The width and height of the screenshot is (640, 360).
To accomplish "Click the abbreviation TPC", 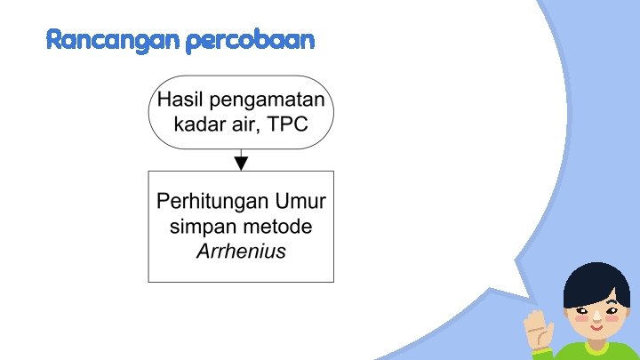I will click(x=284, y=124).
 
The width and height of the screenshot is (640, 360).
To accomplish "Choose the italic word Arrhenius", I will click(x=241, y=251).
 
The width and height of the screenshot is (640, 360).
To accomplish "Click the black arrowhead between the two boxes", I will click(x=241, y=163).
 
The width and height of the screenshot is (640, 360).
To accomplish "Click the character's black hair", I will click(x=596, y=283).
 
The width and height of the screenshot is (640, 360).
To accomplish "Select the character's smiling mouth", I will click(x=595, y=326).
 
